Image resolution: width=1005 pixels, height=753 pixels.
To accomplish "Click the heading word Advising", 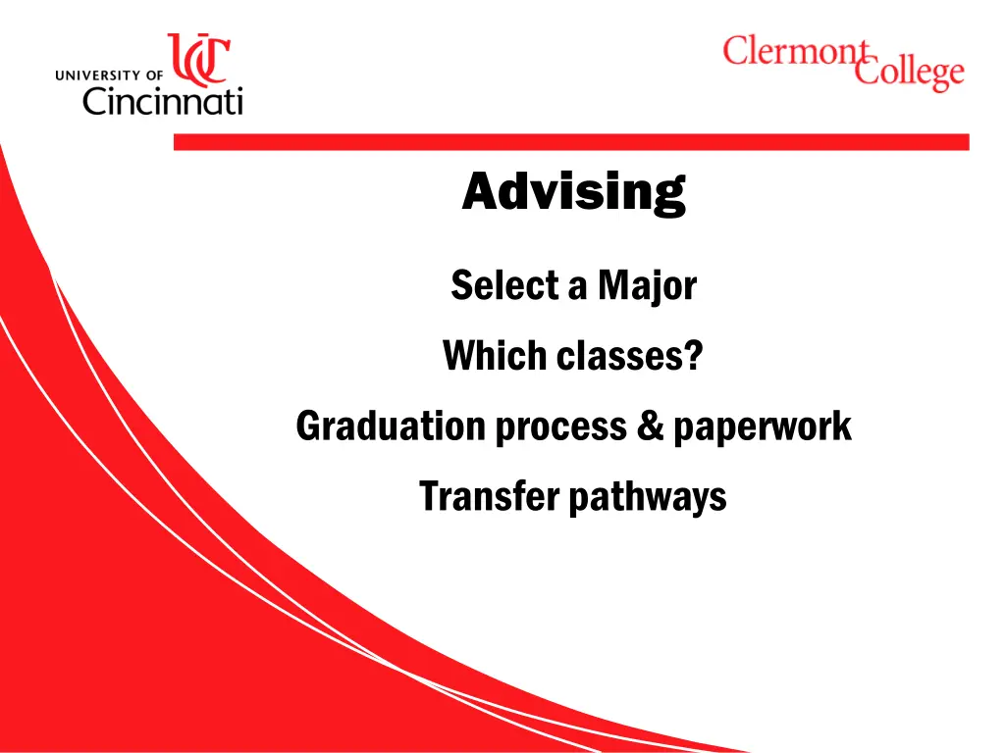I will coord(573,191).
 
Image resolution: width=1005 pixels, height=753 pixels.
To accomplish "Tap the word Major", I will coord(647,287).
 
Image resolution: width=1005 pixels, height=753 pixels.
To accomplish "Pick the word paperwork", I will coord(762,427).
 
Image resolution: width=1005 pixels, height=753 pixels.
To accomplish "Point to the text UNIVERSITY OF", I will coord(110,74).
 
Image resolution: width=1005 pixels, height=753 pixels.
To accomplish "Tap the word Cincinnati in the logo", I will coord(162,99).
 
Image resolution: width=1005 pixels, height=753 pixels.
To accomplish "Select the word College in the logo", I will coord(908,74).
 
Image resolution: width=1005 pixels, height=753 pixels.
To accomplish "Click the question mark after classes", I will coord(693,356).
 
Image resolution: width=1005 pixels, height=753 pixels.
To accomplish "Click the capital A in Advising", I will coord(478,191).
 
